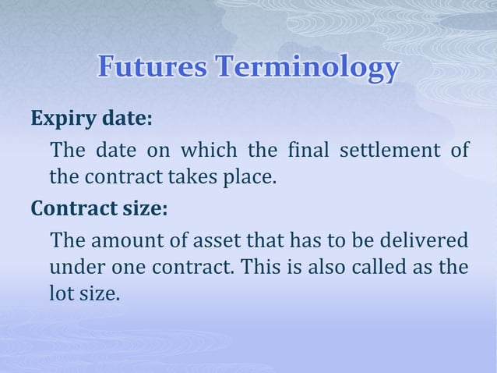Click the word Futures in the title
coord(150,69)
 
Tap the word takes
coord(191,179)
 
